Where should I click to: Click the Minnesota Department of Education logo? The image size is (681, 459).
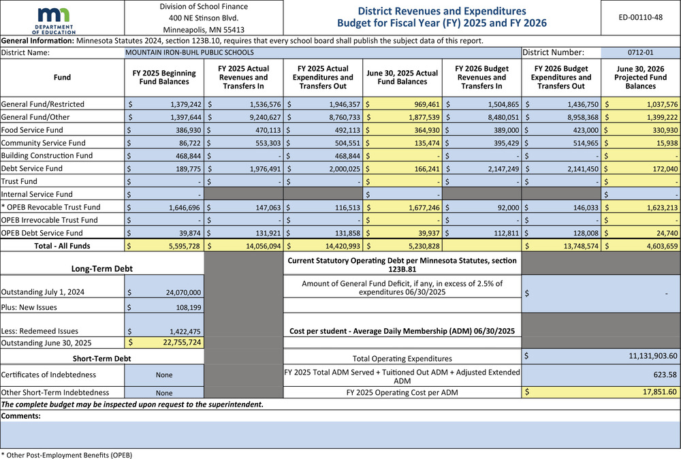point(61,18)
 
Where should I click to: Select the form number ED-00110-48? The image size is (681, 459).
point(639,17)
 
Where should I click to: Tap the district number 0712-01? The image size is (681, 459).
point(640,52)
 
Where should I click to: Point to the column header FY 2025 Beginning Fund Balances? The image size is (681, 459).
point(163,78)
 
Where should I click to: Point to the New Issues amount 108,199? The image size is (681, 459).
point(183,308)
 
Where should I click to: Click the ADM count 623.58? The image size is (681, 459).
point(663,374)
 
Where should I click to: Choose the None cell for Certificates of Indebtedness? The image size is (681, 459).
point(164,375)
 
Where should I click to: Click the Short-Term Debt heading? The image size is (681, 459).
point(101,358)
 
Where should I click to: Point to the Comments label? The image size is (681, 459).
point(21,415)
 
